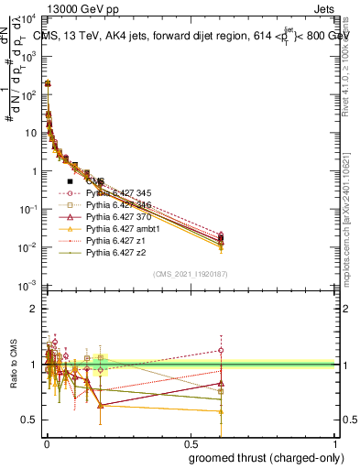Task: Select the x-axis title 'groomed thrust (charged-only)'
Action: click(x=265, y=458)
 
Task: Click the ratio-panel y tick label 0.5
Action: click(x=28, y=420)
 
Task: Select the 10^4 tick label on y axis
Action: click(x=27, y=18)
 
